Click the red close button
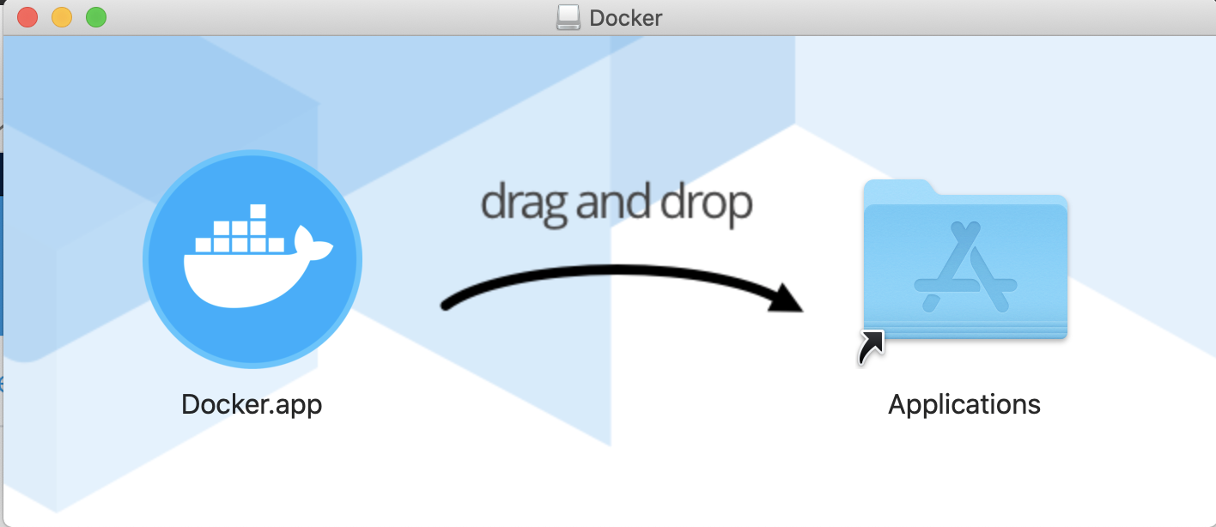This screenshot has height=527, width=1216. (27, 17)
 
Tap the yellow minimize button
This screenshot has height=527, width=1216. (62, 17)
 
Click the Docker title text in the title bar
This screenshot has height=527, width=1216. (626, 18)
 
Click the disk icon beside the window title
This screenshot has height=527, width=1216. (568, 17)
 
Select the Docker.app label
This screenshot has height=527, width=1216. (252, 404)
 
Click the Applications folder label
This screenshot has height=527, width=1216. (964, 404)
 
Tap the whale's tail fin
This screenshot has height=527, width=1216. (311, 245)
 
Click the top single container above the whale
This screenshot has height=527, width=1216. (256, 211)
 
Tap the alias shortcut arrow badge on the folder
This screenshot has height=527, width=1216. (871, 347)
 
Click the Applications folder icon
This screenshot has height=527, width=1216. (965, 262)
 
